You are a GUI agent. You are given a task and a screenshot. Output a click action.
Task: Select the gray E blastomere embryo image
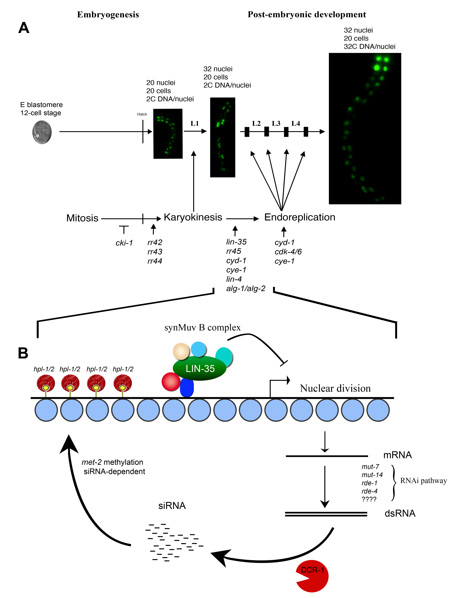(x=42, y=132)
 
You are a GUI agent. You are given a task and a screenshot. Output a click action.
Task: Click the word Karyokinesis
(x=193, y=217)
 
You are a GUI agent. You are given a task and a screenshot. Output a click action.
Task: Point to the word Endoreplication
(x=300, y=217)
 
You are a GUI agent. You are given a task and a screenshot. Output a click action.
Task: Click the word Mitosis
(x=82, y=218)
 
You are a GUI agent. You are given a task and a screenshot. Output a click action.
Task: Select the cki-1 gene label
(x=124, y=243)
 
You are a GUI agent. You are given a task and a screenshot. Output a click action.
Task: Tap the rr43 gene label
(x=155, y=252)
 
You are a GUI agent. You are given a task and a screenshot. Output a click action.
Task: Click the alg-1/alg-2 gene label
(x=246, y=289)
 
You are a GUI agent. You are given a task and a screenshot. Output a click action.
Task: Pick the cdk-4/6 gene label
(x=288, y=252)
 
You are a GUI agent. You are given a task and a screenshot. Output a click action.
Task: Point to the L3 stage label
(x=276, y=124)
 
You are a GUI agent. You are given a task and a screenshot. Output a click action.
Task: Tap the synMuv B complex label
(x=202, y=328)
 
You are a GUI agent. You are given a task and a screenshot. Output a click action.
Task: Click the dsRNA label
(x=400, y=513)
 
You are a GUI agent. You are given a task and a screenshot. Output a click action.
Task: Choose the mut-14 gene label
(x=372, y=475)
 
